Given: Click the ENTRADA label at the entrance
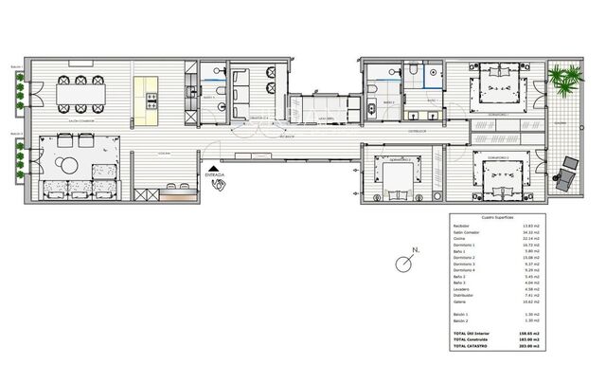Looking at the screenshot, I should point(216,174).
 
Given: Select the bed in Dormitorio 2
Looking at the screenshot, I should point(396,176).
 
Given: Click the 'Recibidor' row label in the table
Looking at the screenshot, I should point(462,226).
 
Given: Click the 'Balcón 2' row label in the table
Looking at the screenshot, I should point(461,320).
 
